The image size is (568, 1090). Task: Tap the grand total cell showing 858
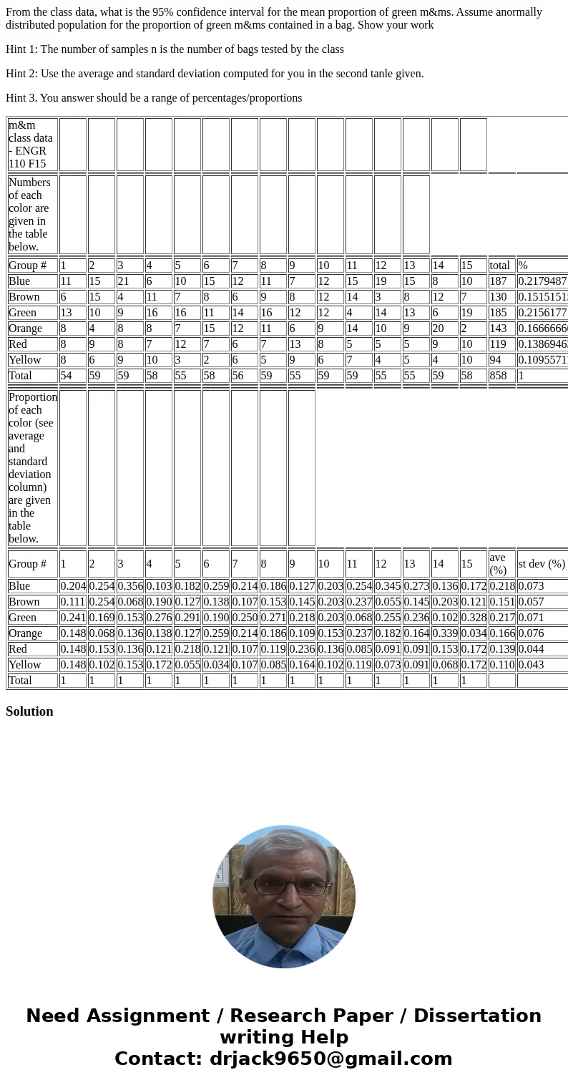(499, 376)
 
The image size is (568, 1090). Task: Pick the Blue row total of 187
(499, 281)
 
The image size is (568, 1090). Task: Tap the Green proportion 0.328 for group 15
(473, 618)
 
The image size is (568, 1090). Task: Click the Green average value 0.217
(501, 618)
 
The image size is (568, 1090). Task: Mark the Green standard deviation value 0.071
(531, 618)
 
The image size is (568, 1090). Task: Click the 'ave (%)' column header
(498, 564)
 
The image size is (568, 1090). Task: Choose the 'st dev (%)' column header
(542, 564)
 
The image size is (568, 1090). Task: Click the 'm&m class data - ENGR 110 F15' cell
(32, 145)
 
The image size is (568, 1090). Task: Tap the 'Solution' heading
(29, 711)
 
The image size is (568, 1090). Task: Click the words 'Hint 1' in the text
(21, 49)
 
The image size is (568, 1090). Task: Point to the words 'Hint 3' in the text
(21, 98)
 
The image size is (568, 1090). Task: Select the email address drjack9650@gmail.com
(330, 1059)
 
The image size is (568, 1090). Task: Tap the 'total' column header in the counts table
(500, 266)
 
